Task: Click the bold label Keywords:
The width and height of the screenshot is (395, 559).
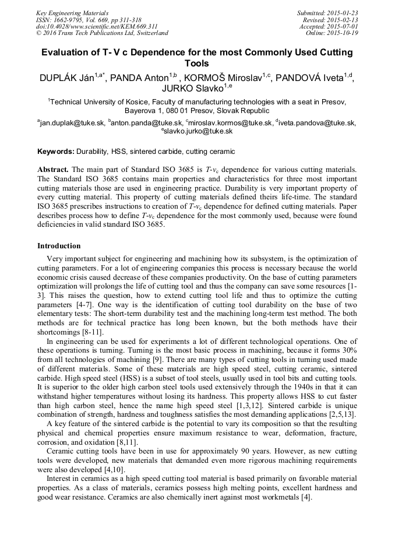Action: (x=56, y=152)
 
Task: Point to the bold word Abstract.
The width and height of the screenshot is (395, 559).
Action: (x=53, y=169)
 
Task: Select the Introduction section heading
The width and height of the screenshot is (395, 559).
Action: (x=59, y=246)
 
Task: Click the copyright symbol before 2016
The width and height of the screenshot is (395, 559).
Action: (x=39, y=33)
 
